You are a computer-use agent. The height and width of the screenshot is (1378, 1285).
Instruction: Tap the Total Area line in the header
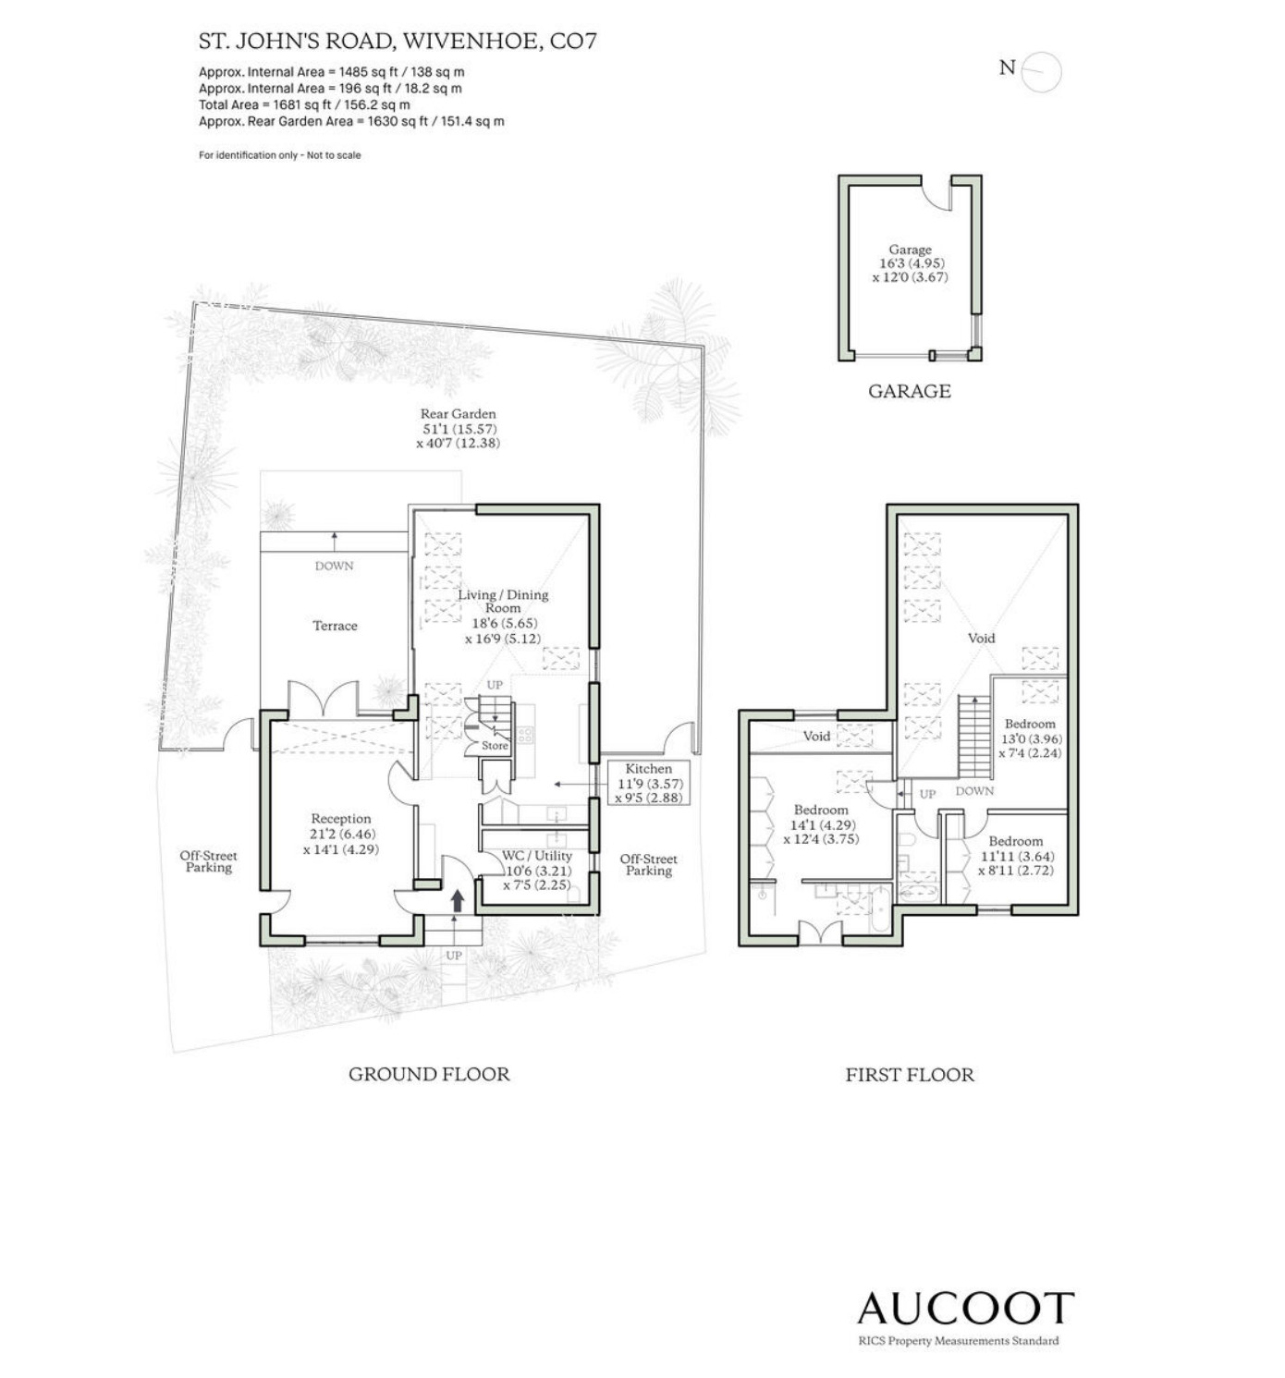tap(304, 104)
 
